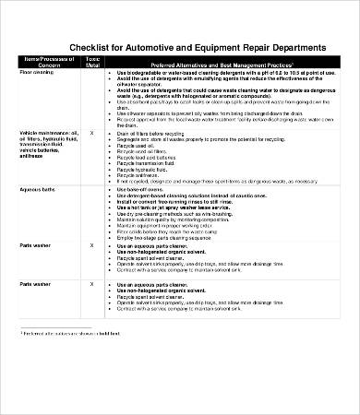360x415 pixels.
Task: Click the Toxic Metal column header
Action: [x=91, y=62]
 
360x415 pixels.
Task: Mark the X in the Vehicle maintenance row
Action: [x=91, y=134]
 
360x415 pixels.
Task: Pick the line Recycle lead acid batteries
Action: [x=148, y=158]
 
